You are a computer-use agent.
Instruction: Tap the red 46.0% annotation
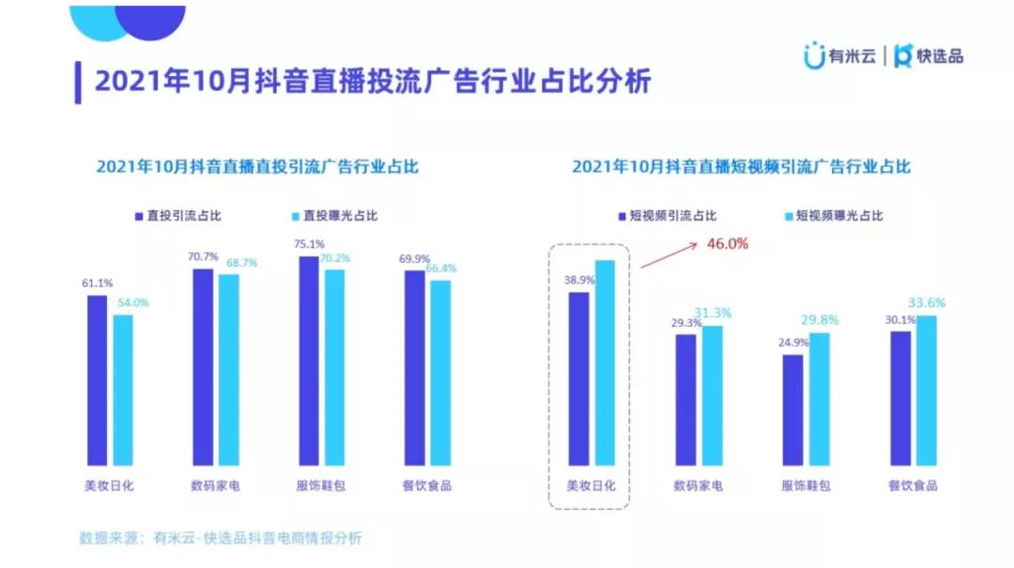[727, 244]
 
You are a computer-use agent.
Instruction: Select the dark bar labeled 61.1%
[97, 379]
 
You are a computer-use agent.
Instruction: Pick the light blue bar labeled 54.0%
[123, 389]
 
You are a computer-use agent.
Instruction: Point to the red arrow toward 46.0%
[668, 254]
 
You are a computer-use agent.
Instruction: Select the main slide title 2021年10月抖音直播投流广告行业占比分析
[373, 81]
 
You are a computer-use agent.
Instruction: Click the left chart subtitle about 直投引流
[257, 167]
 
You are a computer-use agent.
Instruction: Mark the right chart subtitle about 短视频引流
[741, 167]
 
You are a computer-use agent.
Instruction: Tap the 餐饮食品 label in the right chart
[913, 485]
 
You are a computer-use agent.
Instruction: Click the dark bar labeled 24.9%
[793, 409]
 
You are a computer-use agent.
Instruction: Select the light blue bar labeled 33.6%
[927, 390]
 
